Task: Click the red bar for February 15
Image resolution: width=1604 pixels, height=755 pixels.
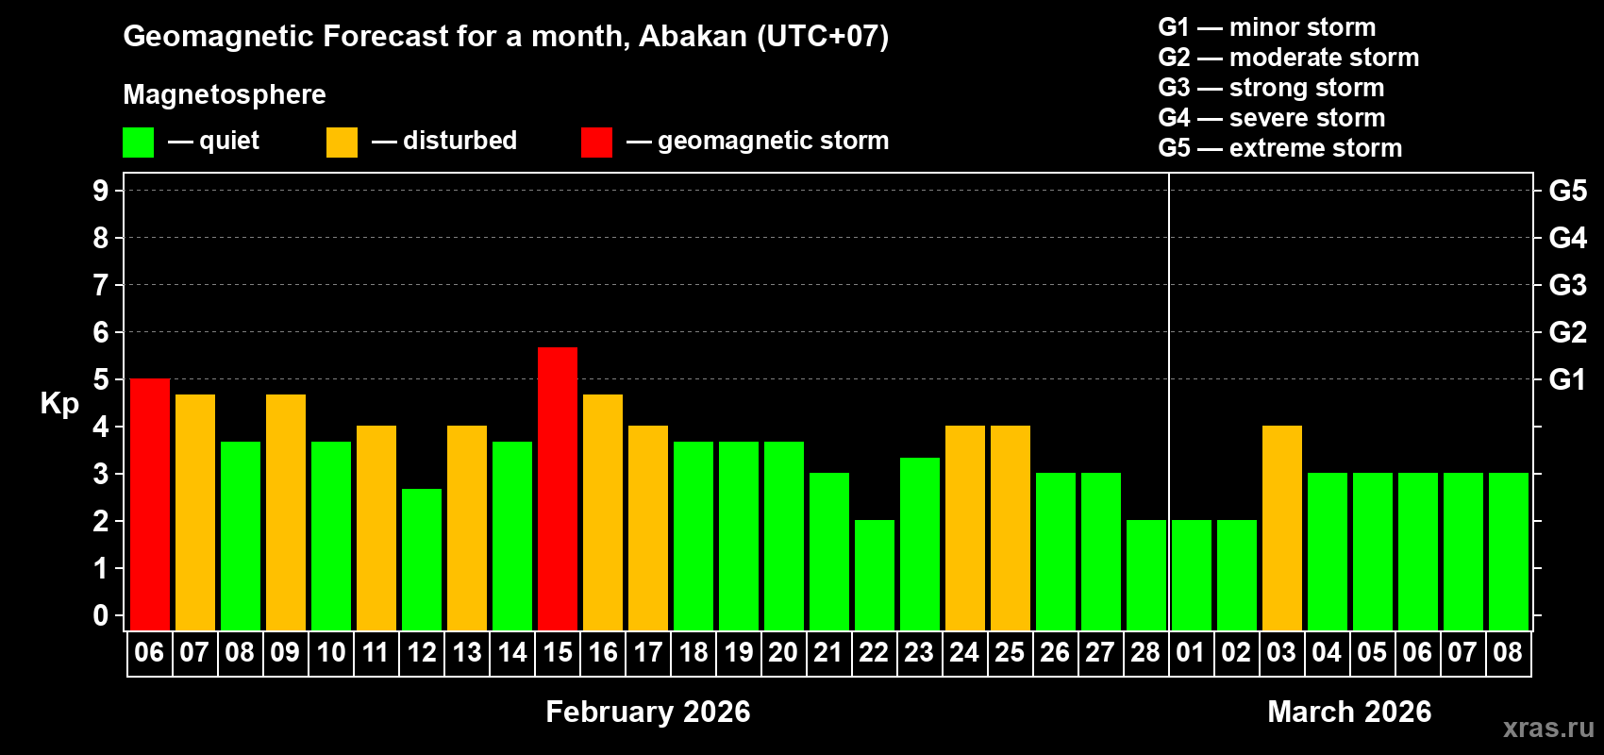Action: (558, 488)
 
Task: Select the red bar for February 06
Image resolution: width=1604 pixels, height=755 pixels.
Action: (150, 504)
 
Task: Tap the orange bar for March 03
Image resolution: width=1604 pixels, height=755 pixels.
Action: (1282, 528)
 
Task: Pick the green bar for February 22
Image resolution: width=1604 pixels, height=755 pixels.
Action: (875, 575)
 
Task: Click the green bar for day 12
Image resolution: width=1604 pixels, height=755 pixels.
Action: (422, 559)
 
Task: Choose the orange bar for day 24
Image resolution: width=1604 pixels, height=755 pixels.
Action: (965, 528)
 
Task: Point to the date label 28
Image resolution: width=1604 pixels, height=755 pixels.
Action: (1145, 652)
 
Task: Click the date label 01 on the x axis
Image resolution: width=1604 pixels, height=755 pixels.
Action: (1191, 652)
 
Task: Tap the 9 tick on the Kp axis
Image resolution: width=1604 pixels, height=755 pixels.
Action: (101, 191)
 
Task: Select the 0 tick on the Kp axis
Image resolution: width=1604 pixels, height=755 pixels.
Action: (101, 616)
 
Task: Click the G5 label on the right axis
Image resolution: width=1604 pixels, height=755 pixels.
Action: (1567, 191)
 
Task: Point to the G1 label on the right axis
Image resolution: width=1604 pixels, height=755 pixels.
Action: (1567, 379)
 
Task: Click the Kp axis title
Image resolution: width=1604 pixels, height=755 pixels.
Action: (59, 404)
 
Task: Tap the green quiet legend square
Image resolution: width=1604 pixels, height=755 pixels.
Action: (139, 143)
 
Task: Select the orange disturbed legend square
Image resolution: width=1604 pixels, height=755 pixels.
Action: (343, 143)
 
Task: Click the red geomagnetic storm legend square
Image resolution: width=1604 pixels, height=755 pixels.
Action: (596, 143)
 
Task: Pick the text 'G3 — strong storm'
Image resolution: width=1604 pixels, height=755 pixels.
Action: (1271, 88)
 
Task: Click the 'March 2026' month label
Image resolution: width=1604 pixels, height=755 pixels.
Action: (1349, 712)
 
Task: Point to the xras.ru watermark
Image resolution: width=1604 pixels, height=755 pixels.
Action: (1548, 728)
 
